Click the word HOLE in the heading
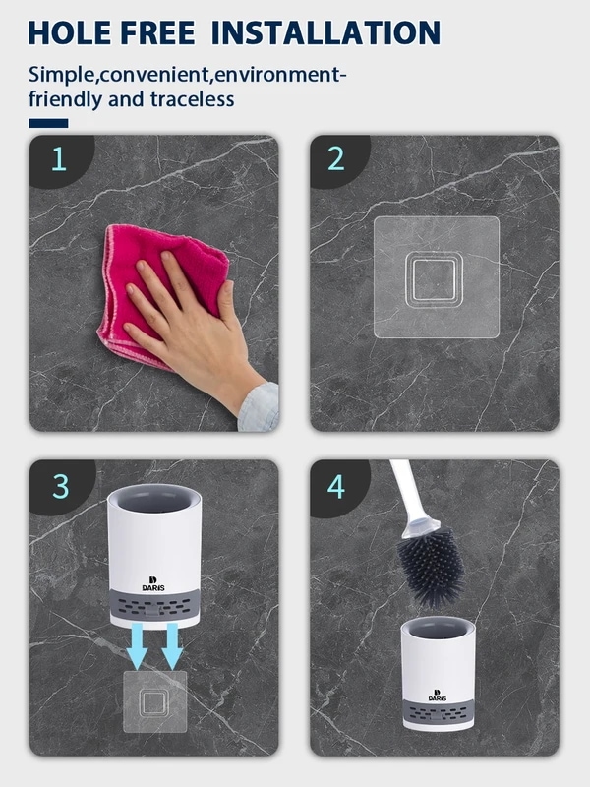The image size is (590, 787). [70, 33]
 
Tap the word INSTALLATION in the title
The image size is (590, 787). [325, 33]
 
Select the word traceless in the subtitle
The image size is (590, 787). [192, 99]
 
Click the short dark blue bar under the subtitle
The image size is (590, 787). [48, 124]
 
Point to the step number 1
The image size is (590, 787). [59, 159]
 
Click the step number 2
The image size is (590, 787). [336, 159]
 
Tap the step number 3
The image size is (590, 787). [61, 486]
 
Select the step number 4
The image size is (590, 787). [336, 486]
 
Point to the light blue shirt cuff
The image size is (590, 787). [260, 407]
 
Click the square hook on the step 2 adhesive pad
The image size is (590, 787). [434, 279]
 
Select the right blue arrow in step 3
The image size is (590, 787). [172, 646]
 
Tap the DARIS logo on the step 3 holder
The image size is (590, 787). [153, 583]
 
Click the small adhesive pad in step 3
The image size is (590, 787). [155, 701]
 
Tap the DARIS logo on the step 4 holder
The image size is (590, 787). [437, 696]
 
